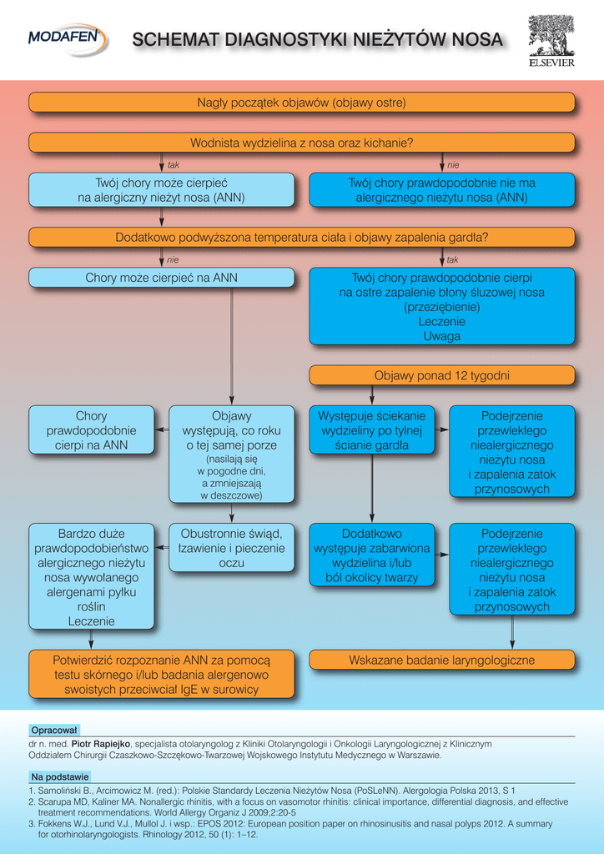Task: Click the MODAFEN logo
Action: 68,37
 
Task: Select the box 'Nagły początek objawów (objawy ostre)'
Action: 302,103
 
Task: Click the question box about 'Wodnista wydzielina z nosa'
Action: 302,143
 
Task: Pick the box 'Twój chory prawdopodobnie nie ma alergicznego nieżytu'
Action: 441,190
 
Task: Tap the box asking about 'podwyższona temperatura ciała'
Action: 302,238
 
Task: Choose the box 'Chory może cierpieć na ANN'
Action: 162,278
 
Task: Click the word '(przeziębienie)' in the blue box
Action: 441,307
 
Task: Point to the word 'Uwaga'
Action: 441,336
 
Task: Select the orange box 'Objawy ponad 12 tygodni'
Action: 441,375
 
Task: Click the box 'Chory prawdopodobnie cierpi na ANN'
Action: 92,430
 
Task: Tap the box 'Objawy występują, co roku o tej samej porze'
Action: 231,455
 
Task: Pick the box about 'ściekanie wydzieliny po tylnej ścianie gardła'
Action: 371,430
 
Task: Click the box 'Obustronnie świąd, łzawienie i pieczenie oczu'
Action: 231,548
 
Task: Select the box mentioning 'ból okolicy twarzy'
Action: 371,555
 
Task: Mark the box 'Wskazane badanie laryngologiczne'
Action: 441,660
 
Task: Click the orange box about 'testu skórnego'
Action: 162,675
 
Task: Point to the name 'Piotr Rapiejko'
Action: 101,743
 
